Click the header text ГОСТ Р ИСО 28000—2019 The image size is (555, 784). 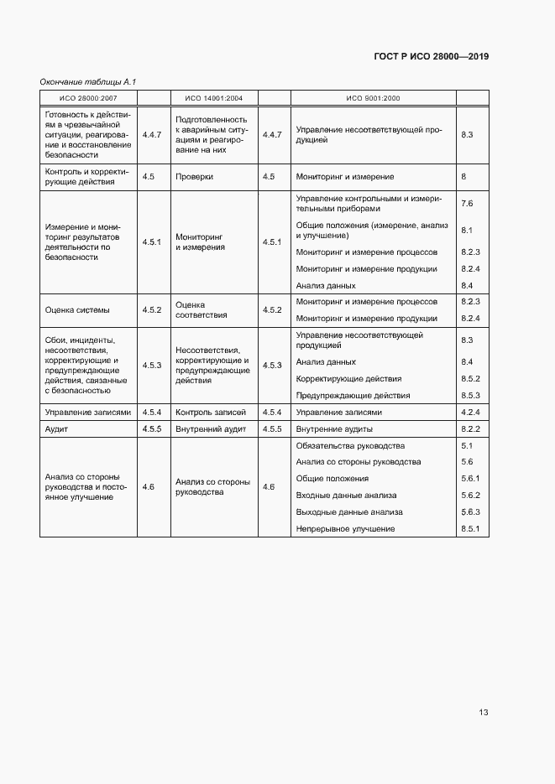432,57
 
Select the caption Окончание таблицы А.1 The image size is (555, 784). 87,81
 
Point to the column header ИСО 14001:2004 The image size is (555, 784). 214,98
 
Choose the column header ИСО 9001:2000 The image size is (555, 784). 373,98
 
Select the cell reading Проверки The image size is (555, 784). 195,177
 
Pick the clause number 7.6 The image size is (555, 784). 468,203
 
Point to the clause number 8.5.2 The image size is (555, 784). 470,379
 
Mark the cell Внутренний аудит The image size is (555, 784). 211,428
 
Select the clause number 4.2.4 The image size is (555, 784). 470,412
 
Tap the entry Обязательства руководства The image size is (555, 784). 351,445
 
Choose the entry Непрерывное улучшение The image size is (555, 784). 346,528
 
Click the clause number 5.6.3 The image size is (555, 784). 470,511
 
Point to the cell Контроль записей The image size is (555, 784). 211,412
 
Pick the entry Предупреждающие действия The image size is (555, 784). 353,395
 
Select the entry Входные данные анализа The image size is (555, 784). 347,495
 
